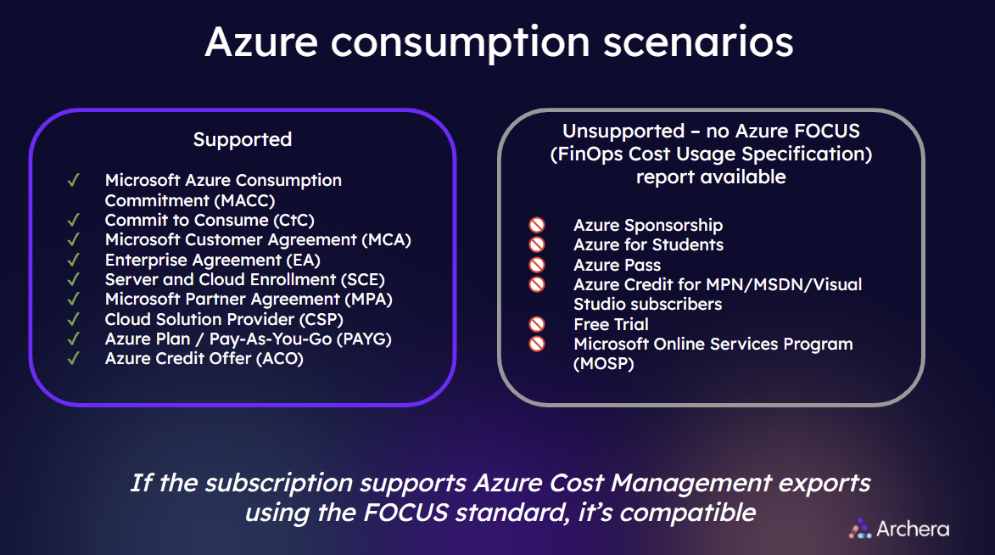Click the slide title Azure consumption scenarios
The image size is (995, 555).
click(499, 41)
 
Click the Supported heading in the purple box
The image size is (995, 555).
click(242, 139)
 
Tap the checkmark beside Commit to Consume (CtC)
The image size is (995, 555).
click(74, 220)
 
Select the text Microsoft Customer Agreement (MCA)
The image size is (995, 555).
click(258, 240)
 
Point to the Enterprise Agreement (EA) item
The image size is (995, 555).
click(212, 260)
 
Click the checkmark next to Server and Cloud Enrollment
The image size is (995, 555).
click(74, 279)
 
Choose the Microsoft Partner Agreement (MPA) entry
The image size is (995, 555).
click(249, 299)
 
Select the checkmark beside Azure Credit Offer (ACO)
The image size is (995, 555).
click(74, 358)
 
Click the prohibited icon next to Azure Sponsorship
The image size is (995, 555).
click(537, 225)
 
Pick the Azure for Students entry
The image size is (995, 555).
click(648, 244)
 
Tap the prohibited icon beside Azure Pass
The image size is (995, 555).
click(537, 265)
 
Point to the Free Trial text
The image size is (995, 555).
click(611, 324)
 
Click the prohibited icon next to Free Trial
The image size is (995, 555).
click(537, 324)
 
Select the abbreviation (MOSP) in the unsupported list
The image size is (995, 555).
click(604, 364)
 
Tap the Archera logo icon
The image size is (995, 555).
click(860, 529)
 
